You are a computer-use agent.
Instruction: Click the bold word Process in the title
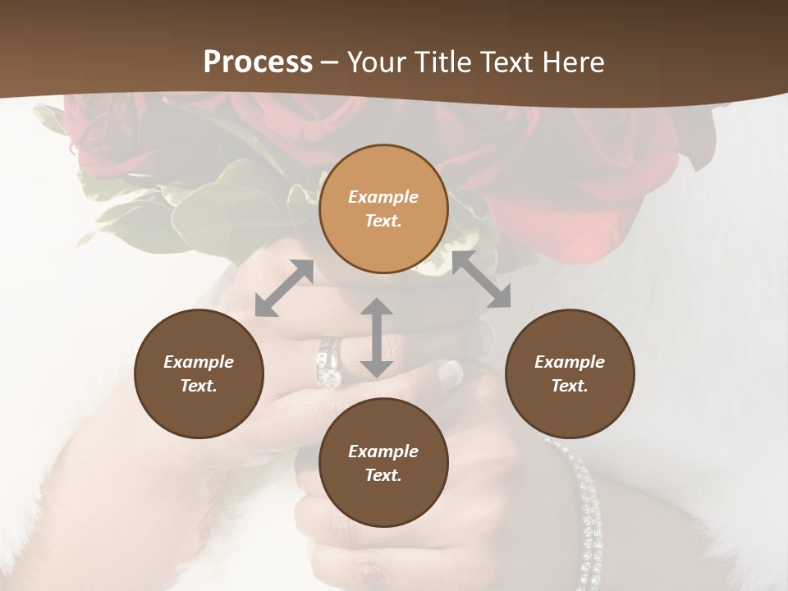[x=258, y=62]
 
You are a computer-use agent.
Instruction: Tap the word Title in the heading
[x=442, y=62]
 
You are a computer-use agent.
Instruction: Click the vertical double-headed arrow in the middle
[x=377, y=337]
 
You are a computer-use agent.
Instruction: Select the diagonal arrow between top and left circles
[x=284, y=288]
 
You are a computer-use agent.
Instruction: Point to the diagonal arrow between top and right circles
[x=481, y=280]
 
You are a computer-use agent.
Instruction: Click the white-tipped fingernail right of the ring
[x=451, y=373]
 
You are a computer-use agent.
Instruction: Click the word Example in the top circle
[x=383, y=197]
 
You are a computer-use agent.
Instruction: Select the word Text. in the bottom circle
[x=383, y=475]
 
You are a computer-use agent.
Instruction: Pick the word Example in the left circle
[x=199, y=362]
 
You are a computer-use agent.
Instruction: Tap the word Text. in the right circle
[x=570, y=386]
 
